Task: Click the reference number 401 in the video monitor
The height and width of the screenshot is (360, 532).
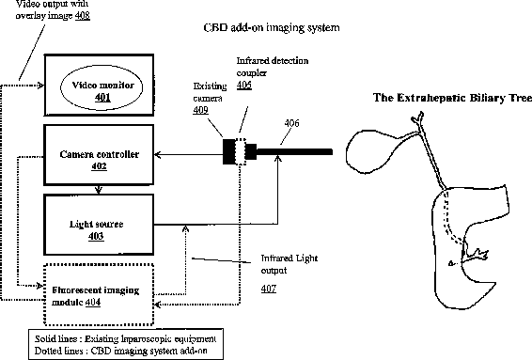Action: tap(102, 98)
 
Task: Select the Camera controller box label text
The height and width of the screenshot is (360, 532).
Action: tap(100, 154)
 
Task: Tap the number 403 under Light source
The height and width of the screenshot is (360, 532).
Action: tap(96, 236)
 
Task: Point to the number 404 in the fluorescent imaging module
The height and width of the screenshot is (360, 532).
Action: tap(93, 302)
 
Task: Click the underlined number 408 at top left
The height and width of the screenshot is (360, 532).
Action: tap(83, 16)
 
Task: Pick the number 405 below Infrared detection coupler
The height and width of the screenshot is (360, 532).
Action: tap(244, 85)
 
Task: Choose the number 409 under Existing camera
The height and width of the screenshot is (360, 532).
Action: tap(201, 110)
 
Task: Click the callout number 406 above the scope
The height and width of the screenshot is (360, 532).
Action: tap(291, 123)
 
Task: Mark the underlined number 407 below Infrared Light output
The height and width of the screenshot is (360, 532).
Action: tap(269, 289)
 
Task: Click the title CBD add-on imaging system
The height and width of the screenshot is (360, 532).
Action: tap(272, 27)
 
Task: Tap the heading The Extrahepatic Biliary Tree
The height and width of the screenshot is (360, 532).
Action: tap(453, 98)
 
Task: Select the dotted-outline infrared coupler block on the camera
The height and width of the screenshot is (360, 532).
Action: tap(241, 151)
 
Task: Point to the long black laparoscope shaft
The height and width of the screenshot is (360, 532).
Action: tap(294, 151)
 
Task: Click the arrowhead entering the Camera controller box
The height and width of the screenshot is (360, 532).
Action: tap(157, 155)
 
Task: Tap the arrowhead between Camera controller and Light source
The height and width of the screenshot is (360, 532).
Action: tap(99, 190)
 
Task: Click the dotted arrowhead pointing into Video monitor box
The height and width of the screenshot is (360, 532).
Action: tap(41, 86)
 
